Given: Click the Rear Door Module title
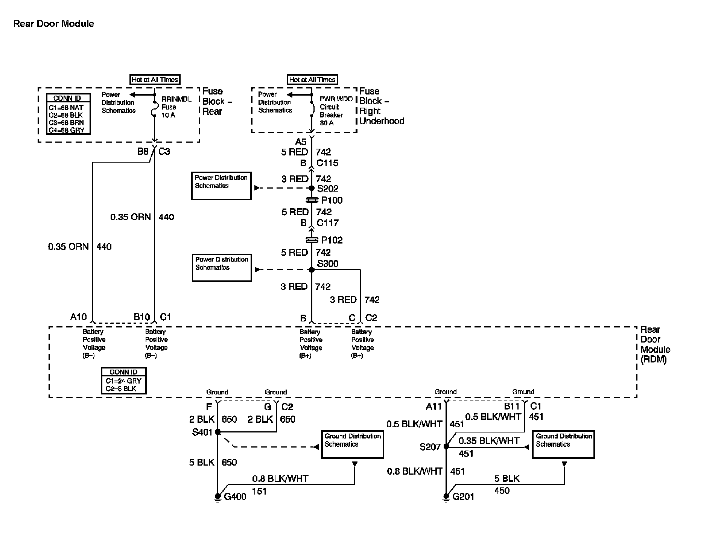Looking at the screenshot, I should (54, 24).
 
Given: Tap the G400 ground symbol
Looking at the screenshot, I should (218, 497).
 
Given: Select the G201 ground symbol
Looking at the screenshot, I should (446, 497).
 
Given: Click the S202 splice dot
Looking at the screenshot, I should (312, 188).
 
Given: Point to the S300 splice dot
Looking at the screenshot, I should (312, 269).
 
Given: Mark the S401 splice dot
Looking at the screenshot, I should (218, 432).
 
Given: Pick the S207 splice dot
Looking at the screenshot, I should (446, 446).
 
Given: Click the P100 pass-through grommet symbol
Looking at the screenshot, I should (312, 200).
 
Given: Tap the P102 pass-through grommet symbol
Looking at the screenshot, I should (312, 240).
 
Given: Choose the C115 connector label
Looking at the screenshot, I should (327, 163).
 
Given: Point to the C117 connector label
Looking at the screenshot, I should (327, 223).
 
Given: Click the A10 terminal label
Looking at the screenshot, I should (78, 317).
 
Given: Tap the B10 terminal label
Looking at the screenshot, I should (142, 317).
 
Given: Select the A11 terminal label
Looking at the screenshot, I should (433, 406).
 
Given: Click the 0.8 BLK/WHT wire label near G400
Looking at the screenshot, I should (280, 478).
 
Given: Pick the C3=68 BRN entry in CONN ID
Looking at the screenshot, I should (67, 123).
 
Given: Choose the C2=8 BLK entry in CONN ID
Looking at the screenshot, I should (121, 389).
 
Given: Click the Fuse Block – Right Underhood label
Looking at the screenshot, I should (381, 106).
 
